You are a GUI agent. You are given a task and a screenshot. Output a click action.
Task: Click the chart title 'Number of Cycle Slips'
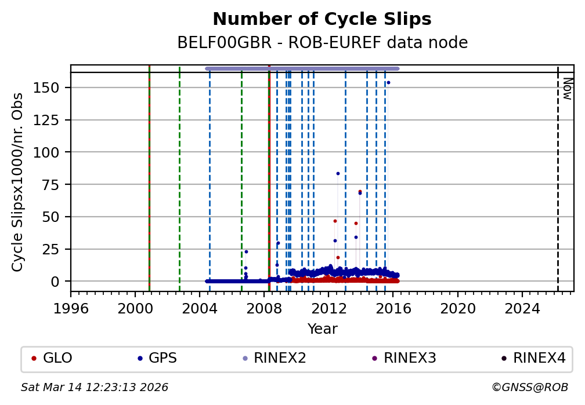point(322,20)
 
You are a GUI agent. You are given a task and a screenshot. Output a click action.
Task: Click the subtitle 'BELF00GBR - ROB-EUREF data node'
point(322,43)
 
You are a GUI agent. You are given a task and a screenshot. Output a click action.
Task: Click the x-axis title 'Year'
point(322,329)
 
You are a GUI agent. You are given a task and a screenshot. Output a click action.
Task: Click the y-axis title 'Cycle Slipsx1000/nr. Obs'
point(18,182)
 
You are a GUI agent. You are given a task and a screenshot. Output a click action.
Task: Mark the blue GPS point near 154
point(388,82)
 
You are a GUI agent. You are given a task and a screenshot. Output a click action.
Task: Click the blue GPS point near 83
point(338,173)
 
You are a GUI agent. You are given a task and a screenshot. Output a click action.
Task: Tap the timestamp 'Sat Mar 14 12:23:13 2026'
point(95,387)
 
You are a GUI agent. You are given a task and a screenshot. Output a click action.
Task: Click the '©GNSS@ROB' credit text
point(530,387)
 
